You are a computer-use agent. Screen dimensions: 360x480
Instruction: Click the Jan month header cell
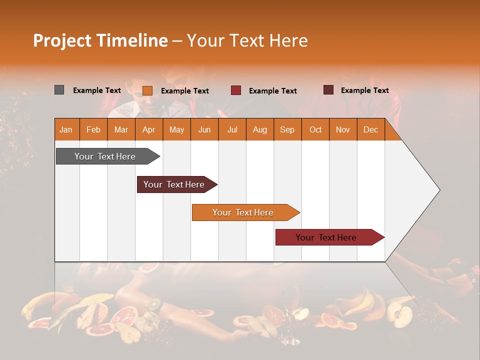point(66,130)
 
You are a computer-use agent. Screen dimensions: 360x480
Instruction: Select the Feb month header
point(93,130)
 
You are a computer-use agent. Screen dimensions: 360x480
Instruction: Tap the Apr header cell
point(149,130)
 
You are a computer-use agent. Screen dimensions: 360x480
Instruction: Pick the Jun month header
point(204,130)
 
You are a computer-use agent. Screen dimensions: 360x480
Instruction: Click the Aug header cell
point(260,130)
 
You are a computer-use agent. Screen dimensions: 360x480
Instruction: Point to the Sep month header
point(287,130)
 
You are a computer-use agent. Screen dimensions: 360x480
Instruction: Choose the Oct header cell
point(315,130)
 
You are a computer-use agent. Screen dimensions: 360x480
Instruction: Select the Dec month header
point(371,130)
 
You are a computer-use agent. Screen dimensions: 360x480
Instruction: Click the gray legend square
point(59,90)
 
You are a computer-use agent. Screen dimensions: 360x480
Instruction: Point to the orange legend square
point(147,90)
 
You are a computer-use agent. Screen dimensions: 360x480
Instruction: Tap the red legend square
point(236,90)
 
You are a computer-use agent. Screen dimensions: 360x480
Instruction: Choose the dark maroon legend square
point(328,90)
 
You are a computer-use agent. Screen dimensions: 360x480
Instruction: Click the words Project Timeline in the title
point(100,40)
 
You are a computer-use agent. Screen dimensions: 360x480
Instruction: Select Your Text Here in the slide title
point(247,40)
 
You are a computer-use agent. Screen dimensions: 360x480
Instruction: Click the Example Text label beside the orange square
point(185,91)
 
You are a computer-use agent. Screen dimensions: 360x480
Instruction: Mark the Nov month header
point(343,130)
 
